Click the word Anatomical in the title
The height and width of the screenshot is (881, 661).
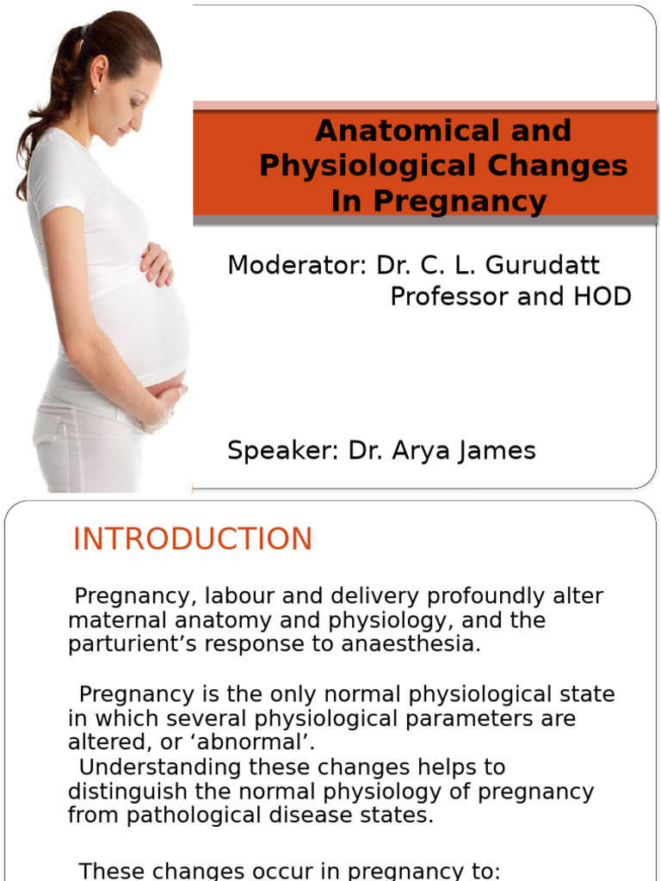pos(392,131)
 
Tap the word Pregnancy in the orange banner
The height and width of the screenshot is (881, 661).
pos(464,201)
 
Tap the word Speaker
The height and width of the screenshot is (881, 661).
pos(283,450)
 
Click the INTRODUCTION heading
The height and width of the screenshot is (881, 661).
pos(193,539)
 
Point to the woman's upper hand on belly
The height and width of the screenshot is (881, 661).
pos(158,263)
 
